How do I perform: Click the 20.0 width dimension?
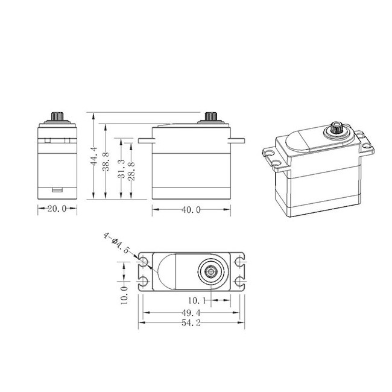pyautogui.click(x=57, y=209)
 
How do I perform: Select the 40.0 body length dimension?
pyautogui.click(x=191, y=210)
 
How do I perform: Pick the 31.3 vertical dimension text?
pyautogui.click(x=122, y=169)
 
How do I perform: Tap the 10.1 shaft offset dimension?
pyautogui.click(x=198, y=300)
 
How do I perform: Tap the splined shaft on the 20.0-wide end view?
pyautogui.click(x=57, y=116)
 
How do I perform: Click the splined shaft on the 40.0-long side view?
pyautogui.click(x=212, y=116)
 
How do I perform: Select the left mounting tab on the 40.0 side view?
pyautogui.click(x=145, y=141)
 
